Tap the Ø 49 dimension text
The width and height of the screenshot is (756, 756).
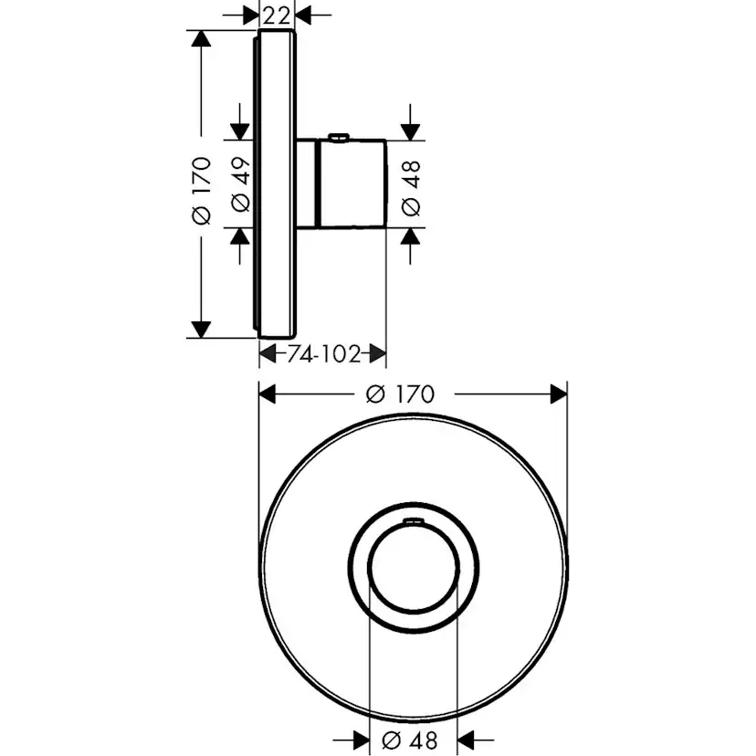tap(241, 184)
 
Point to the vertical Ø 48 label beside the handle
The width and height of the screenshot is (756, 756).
tap(411, 187)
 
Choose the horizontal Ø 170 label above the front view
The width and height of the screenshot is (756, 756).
tap(399, 394)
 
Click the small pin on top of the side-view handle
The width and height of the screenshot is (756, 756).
tap(337, 138)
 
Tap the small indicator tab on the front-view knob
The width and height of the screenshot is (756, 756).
tap(412, 521)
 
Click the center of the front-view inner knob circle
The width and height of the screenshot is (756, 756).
tap(412, 570)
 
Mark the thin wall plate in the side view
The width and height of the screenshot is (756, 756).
tap(277, 183)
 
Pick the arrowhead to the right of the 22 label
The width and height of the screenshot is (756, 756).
tap(302, 14)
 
